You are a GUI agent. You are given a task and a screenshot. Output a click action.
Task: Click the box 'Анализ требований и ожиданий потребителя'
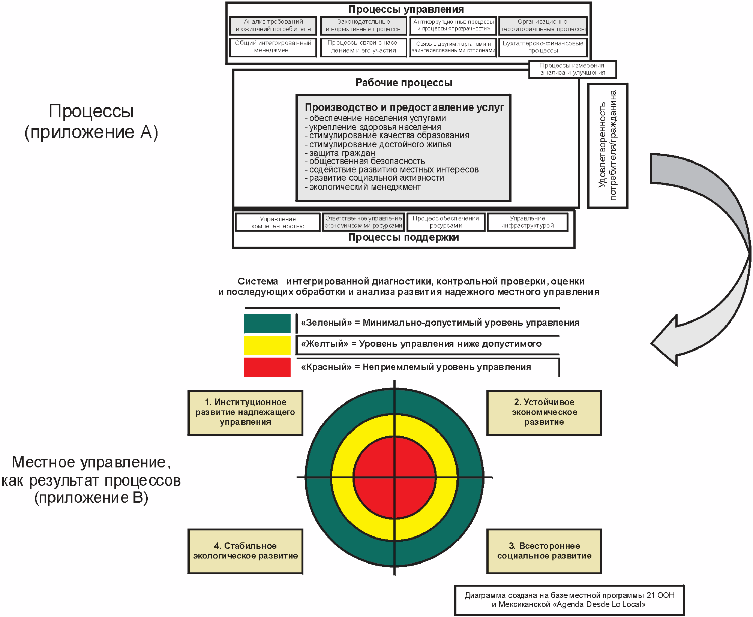(x=273, y=25)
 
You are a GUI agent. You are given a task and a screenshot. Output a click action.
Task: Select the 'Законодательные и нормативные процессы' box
(x=363, y=25)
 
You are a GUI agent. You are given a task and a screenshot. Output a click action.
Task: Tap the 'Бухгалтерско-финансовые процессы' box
(x=543, y=47)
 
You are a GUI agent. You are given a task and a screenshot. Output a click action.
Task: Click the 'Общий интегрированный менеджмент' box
(x=273, y=47)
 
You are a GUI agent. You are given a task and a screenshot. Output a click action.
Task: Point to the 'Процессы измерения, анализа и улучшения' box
(x=573, y=69)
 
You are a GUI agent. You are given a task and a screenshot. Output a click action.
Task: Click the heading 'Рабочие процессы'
(x=404, y=83)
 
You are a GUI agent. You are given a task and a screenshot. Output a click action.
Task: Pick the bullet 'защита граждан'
(x=342, y=153)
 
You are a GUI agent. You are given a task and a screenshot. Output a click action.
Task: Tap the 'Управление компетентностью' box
(x=278, y=222)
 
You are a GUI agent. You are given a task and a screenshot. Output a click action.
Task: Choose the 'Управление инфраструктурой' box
(x=527, y=222)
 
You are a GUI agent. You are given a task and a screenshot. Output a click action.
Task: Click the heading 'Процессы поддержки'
(x=403, y=238)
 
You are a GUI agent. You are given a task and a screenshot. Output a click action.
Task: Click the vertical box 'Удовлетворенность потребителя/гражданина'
(x=607, y=145)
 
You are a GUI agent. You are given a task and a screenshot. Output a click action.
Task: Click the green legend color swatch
(x=267, y=323)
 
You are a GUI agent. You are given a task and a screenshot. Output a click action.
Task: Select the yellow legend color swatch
(x=267, y=345)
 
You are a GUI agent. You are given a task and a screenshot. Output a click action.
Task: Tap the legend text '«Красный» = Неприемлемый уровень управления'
(x=416, y=367)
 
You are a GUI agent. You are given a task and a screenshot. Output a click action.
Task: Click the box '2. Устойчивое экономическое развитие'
(x=544, y=412)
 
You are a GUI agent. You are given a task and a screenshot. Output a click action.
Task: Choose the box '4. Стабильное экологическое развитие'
(x=245, y=551)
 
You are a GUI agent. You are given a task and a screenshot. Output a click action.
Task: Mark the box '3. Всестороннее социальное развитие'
(x=544, y=551)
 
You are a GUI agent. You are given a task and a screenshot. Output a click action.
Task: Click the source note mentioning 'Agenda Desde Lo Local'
(x=569, y=600)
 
